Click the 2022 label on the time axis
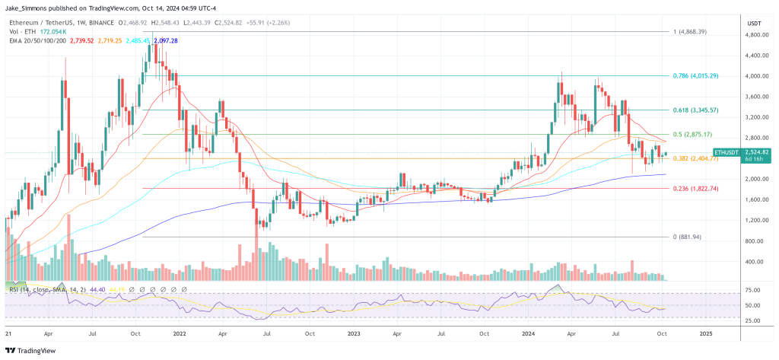point(180,333)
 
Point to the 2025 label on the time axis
point(705,333)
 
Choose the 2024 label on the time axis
point(530,333)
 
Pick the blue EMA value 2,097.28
point(165,40)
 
